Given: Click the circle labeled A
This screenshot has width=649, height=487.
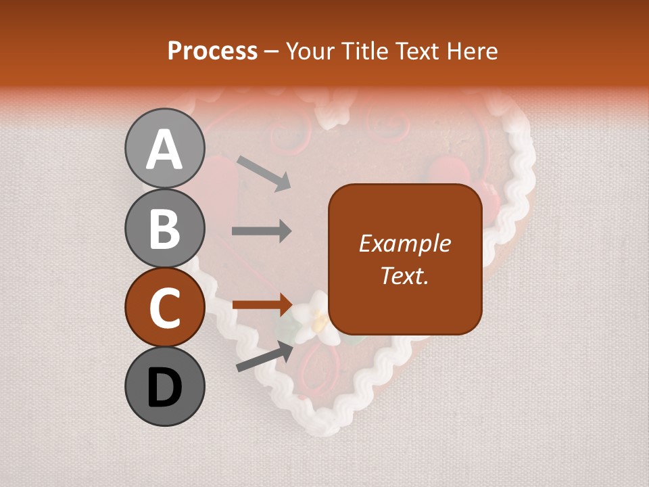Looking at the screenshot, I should click(x=164, y=148).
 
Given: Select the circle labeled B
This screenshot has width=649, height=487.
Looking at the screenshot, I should click(x=164, y=228).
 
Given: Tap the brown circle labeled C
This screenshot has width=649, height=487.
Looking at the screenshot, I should click(x=164, y=308).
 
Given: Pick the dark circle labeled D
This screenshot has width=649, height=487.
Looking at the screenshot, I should click(x=164, y=387).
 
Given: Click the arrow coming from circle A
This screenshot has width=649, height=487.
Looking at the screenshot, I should click(x=264, y=173).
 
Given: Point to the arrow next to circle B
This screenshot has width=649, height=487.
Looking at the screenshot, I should click(x=262, y=231).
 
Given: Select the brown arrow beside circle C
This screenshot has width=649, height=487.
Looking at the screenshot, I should click(x=262, y=304).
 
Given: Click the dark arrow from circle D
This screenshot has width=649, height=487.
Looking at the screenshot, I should click(x=264, y=356).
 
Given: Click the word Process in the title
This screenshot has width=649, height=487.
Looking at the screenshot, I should click(x=212, y=51).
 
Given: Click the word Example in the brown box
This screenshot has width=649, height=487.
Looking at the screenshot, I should click(x=404, y=243).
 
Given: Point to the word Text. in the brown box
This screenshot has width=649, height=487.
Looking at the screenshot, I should click(x=404, y=275).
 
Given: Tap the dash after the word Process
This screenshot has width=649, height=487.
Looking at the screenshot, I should click(x=272, y=52).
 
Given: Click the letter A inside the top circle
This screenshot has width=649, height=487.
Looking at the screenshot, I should click(x=164, y=149).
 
